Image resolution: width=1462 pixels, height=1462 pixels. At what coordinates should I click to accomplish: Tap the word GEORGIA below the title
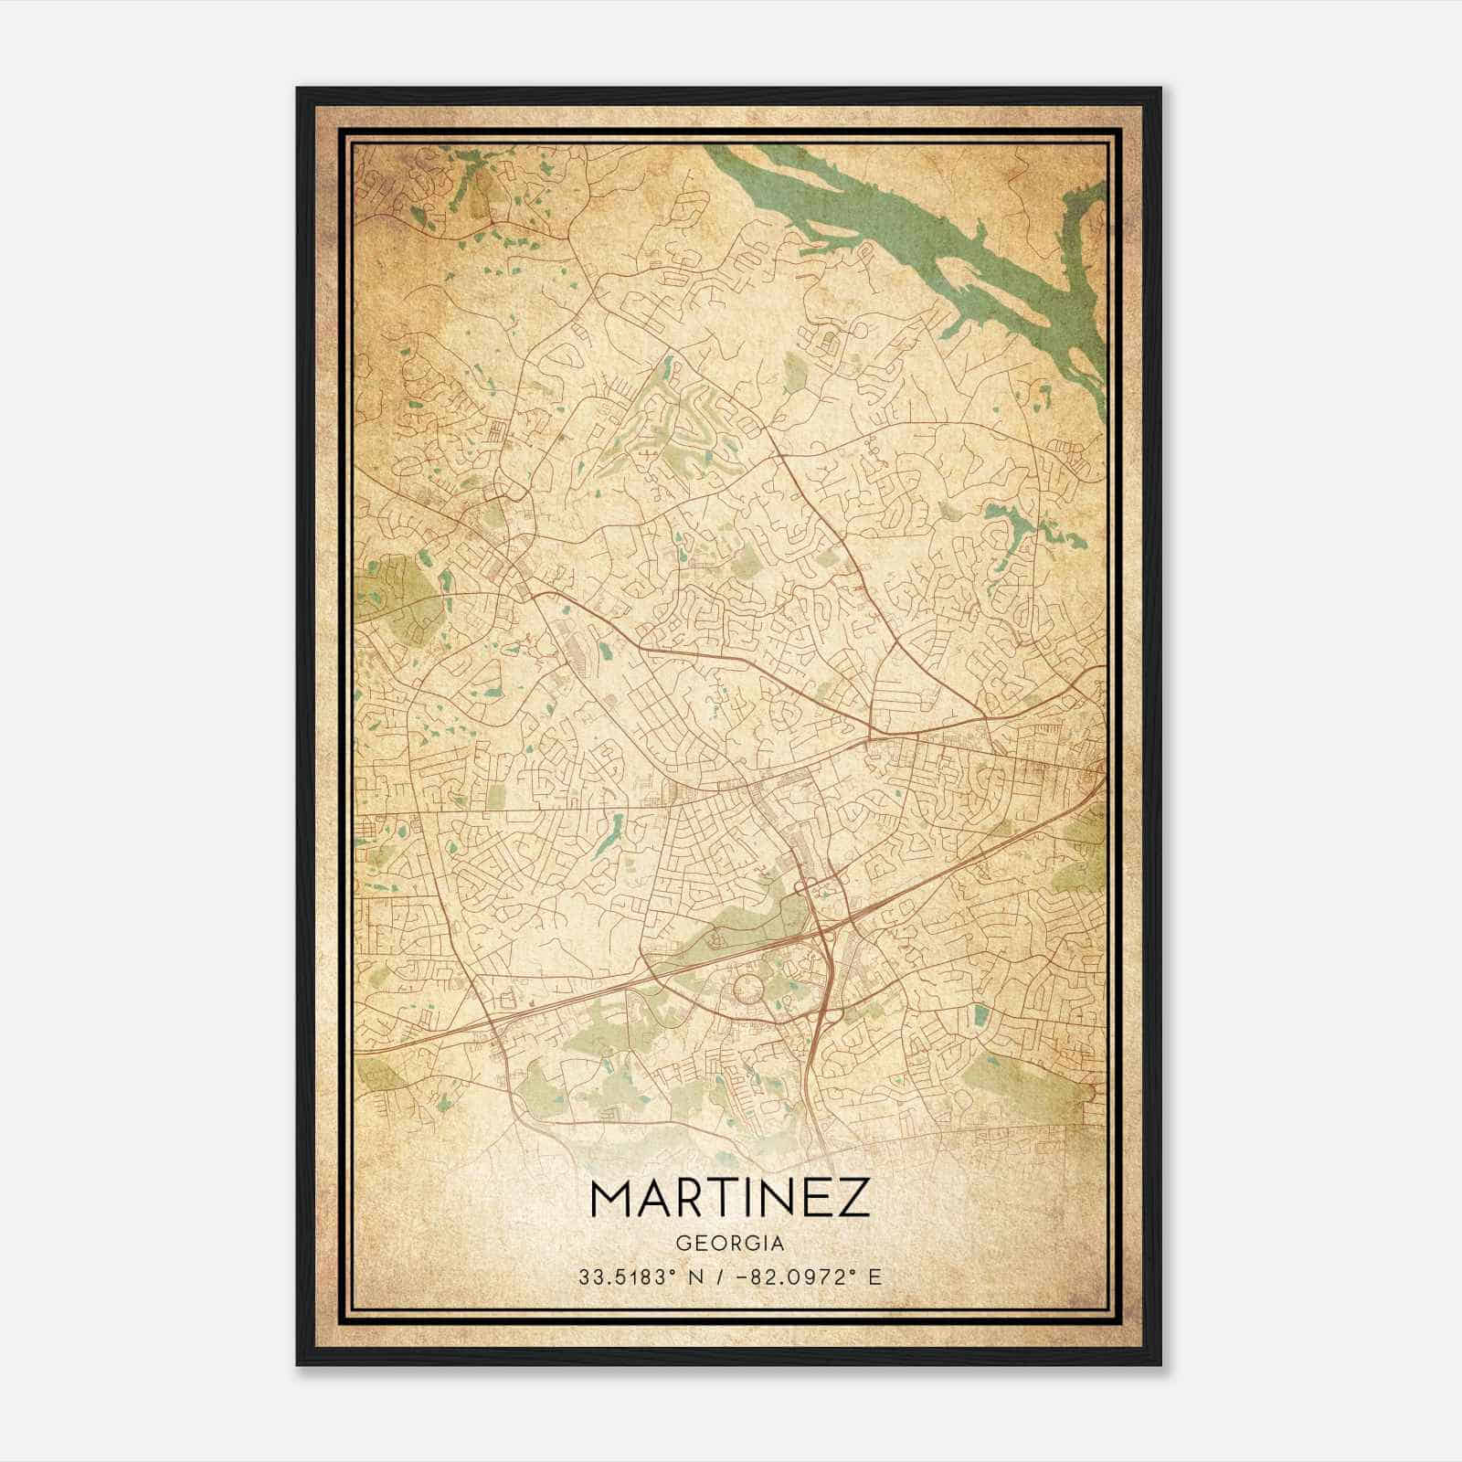(730, 1244)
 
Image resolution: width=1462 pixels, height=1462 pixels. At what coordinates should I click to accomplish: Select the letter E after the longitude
(876, 1277)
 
